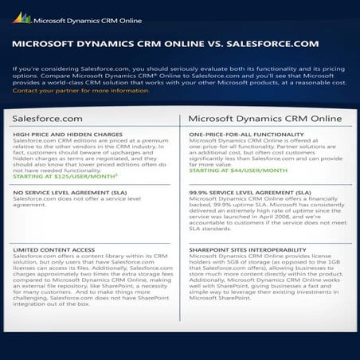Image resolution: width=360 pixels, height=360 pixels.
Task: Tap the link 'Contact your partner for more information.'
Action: pos(81,91)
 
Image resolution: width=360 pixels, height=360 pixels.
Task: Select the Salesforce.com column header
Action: pos(49,118)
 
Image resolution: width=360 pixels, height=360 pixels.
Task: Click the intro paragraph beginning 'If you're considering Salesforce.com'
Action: pos(178,76)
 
